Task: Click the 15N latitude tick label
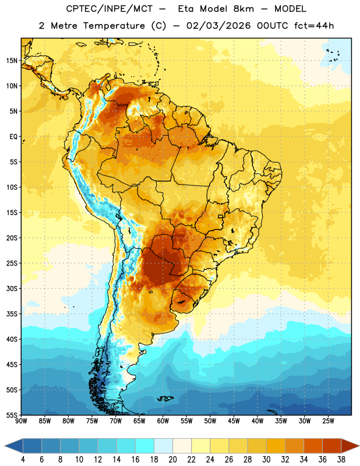12,61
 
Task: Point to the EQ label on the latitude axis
13,137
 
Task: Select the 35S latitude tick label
12,314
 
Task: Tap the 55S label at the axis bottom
12,415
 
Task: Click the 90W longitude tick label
21,421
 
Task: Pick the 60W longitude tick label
163,421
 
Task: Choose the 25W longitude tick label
328,421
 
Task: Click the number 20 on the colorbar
172,460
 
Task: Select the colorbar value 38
341,460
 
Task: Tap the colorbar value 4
23,460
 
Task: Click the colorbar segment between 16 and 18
144,446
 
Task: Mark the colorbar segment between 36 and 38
332,446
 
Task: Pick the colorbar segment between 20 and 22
182,446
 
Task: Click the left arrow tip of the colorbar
5,446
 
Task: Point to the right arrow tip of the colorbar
359,446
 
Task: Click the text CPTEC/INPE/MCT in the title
109,9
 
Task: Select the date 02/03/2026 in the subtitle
218,26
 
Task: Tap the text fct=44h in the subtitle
314,26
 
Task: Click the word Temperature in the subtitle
114,26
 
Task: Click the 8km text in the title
243,9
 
